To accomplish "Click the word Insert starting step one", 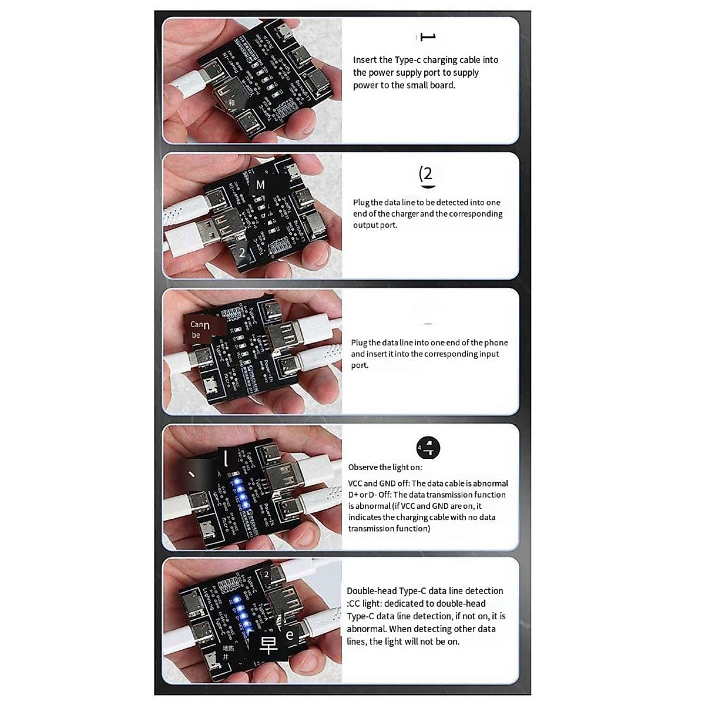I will (x=365, y=60).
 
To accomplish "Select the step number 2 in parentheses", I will (x=427, y=174).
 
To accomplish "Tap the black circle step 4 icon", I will (x=428, y=448).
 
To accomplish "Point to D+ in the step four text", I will (x=353, y=495).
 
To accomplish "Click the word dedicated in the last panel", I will (x=404, y=603).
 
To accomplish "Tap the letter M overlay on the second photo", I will (x=260, y=185).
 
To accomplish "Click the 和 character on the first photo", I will (x=231, y=103).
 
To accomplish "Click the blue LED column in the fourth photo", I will (x=239, y=493).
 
